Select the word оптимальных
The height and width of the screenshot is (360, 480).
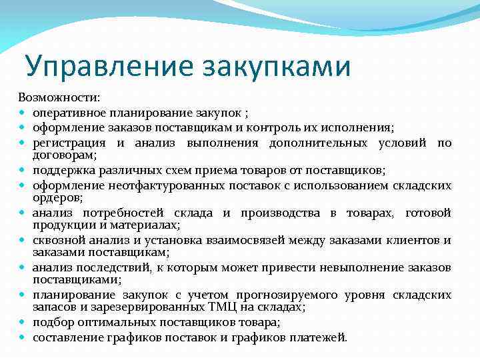[103, 322]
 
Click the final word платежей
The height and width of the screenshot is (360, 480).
[319, 337]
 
